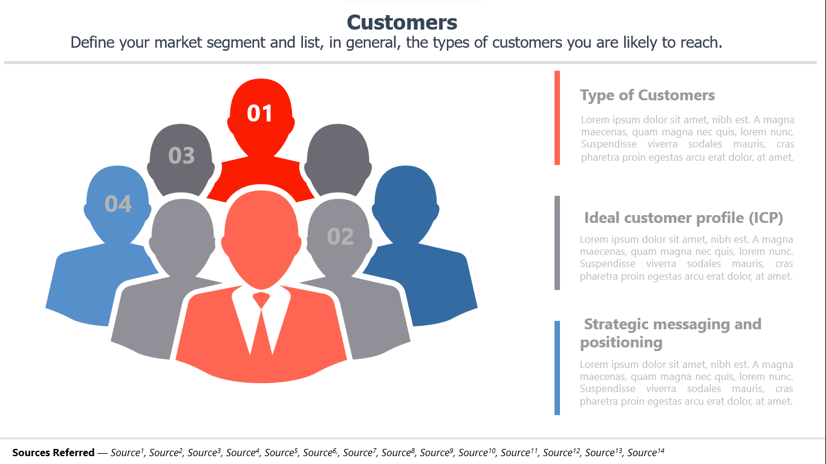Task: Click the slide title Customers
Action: click(402, 22)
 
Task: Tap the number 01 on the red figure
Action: click(259, 113)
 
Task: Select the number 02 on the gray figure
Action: click(340, 236)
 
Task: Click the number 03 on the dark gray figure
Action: click(181, 155)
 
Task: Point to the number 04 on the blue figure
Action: click(118, 204)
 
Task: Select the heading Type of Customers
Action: click(647, 95)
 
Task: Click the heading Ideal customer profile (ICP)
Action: click(683, 218)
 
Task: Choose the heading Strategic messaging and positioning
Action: click(671, 333)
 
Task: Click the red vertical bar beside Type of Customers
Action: click(557, 118)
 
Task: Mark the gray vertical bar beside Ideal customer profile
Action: click(557, 243)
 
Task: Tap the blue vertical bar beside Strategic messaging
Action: click(557, 368)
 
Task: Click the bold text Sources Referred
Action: click(53, 453)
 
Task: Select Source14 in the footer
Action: click(646, 452)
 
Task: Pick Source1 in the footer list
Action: click(127, 452)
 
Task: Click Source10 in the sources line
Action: click(476, 452)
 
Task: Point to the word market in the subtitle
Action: click(178, 43)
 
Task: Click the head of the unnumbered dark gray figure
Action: click(338, 159)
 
